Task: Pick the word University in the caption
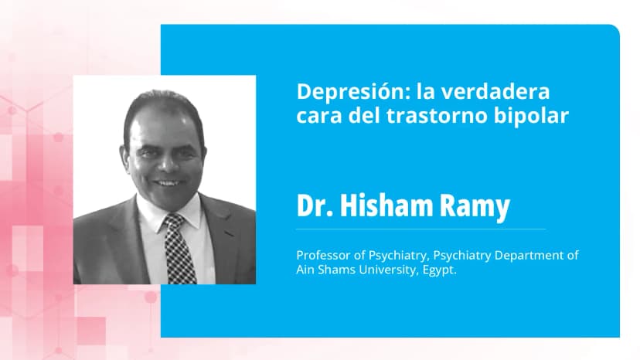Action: pyautogui.click(x=380, y=270)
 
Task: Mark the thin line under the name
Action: pyautogui.click(x=420, y=229)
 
